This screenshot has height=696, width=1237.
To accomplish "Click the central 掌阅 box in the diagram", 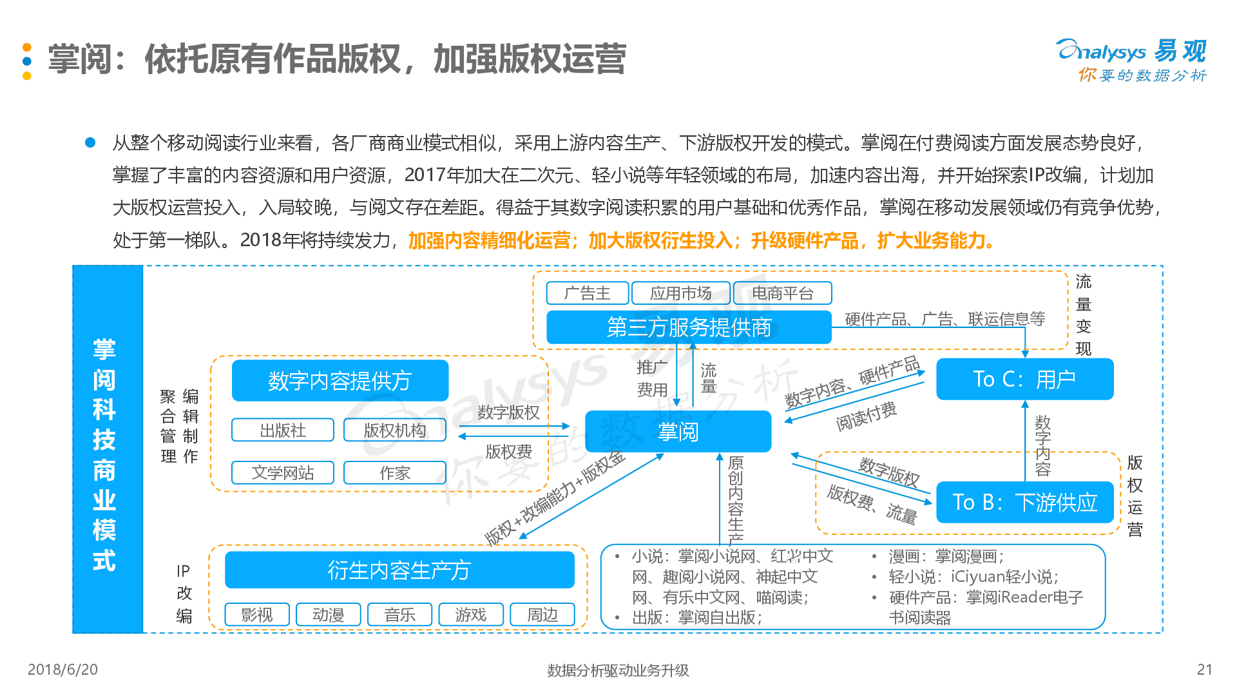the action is [x=678, y=431].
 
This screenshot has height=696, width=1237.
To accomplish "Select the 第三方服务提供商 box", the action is [x=689, y=327].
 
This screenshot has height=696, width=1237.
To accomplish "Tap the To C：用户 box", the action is [x=1024, y=379].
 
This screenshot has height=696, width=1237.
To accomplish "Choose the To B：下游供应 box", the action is [x=1024, y=502].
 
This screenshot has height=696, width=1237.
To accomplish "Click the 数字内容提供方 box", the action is [x=340, y=380].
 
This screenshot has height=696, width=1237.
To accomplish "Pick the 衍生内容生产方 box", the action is [x=399, y=570].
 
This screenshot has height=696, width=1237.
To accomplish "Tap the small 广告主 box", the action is [x=587, y=293].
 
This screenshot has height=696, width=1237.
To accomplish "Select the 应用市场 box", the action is [x=681, y=293].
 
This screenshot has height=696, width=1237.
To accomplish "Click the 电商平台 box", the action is [x=783, y=293].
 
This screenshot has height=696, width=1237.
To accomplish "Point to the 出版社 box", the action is [x=283, y=430].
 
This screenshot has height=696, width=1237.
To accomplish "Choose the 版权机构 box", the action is [x=395, y=430].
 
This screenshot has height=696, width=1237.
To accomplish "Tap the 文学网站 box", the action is [x=283, y=472].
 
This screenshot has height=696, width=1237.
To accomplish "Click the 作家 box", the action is [x=395, y=472].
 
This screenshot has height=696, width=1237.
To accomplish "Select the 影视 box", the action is [x=257, y=615].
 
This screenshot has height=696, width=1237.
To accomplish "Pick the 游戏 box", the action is [x=471, y=615].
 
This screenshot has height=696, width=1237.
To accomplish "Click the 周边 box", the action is [x=542, y=615].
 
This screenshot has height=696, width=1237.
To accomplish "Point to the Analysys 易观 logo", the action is [x=1131, y=60].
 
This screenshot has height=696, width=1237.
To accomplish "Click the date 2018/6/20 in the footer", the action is [x=62, y=670].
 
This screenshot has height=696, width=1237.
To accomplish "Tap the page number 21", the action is [x=1205, y=670].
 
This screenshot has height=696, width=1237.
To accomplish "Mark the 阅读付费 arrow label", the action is [x=867, y=416].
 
